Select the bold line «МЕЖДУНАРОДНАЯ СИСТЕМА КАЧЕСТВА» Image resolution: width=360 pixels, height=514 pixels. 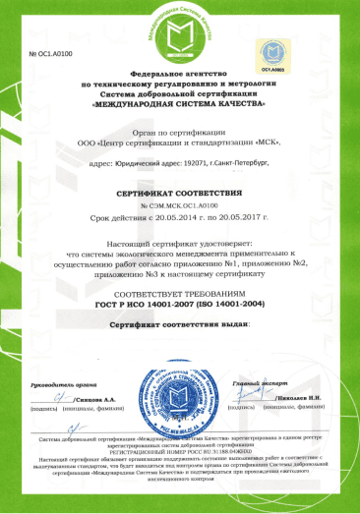(181, 103)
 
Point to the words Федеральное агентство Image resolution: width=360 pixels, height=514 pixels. (181, 76)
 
